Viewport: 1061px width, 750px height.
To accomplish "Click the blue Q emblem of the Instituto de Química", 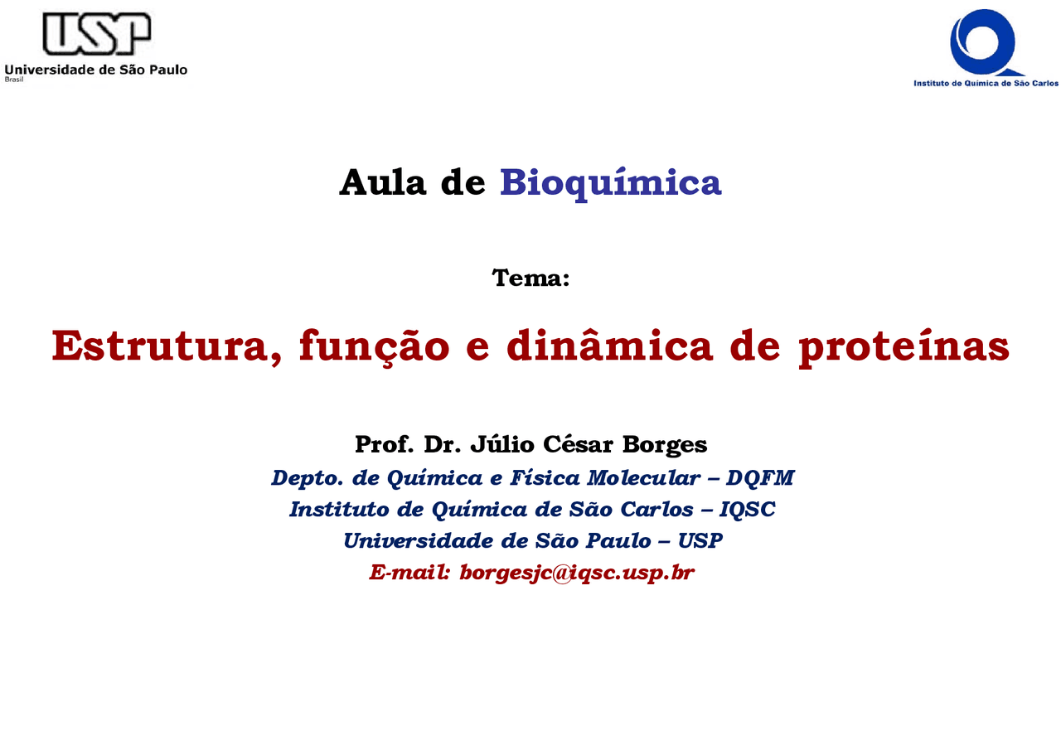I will (984, 41).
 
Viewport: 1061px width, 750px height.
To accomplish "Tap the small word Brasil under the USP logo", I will (14, 80).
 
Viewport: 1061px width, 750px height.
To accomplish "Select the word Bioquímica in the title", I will (610, 182).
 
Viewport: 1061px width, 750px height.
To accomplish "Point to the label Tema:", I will (530, 278).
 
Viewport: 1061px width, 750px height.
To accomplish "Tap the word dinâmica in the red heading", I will (609, 346).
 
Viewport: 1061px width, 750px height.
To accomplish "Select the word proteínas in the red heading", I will (904, 346).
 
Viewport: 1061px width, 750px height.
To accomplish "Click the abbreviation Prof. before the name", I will (385, 445).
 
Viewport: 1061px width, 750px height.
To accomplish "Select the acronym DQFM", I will (760, 478).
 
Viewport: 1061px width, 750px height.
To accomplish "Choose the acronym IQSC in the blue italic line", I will (747, 510).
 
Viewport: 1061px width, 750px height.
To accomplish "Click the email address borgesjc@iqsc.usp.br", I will (576, 573).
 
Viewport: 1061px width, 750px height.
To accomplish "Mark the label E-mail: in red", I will (409, 573).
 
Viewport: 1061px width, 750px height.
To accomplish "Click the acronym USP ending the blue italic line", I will (700, 541).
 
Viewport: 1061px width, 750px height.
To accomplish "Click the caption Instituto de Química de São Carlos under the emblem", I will (986, 83).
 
